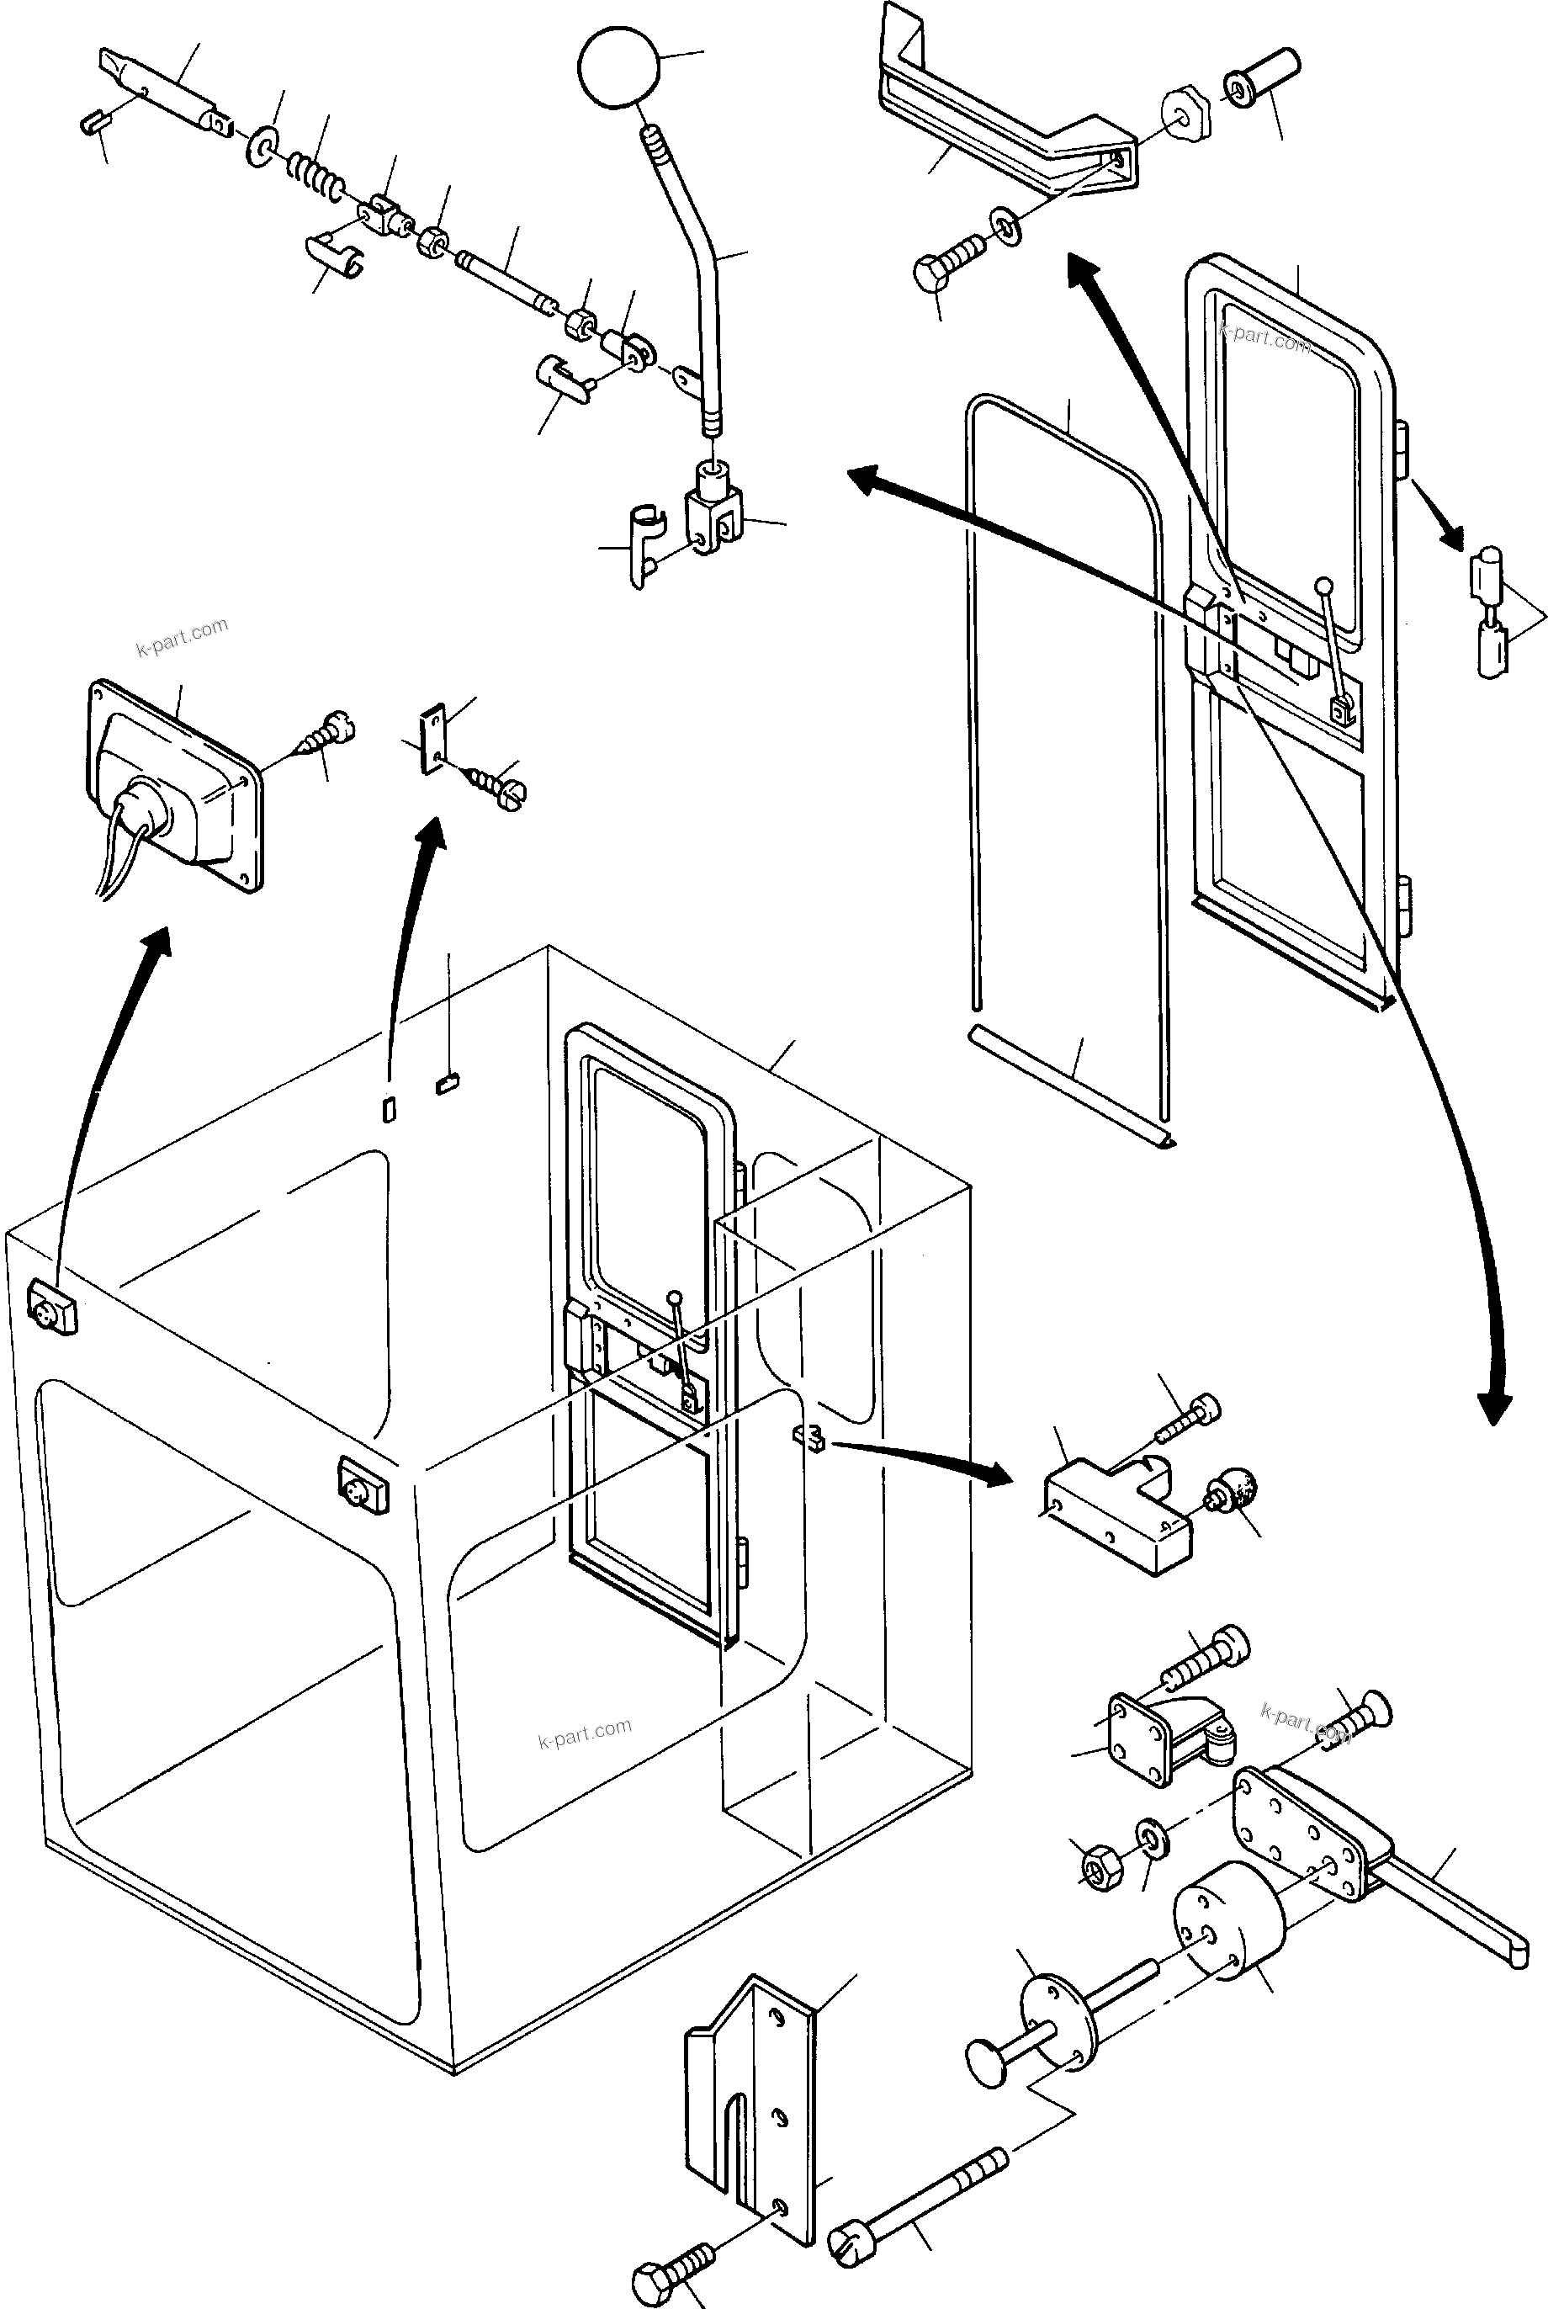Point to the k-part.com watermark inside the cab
pyautogui.click(x=585, y=1733)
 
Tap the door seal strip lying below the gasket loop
pyautogui.click(x=1071, y=1084)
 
